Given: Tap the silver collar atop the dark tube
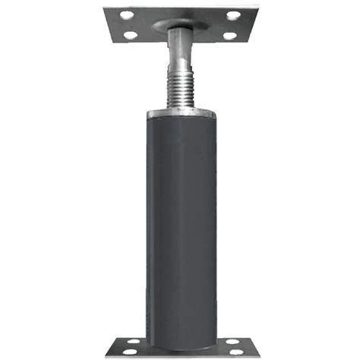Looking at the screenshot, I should coord(180,114).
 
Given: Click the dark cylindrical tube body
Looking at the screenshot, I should coord(180,220).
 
